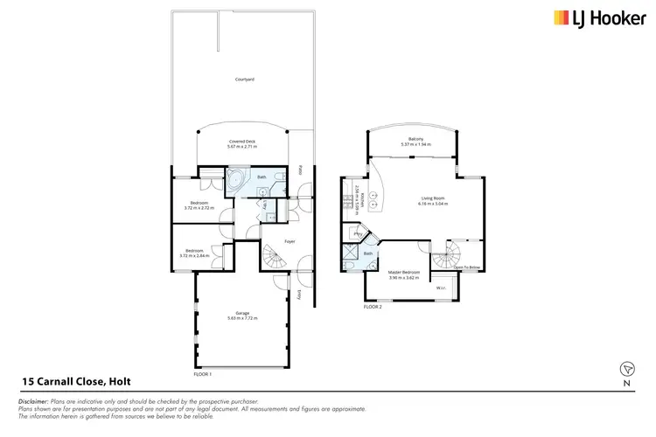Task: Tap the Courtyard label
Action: tap(244, 80)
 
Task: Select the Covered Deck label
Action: tap(241, 144)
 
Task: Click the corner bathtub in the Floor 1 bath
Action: tap(237, 181)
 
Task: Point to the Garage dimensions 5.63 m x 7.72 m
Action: tap(242, 318)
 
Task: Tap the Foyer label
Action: tap(290, 241)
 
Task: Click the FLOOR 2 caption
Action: tap(373, 308)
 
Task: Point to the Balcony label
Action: tap(411, 142)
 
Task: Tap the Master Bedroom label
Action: tap(403, 274)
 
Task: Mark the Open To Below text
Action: tap(466, 267)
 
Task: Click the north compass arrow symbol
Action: tap(626, 368)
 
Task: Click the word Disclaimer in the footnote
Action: tap(32, 400)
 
